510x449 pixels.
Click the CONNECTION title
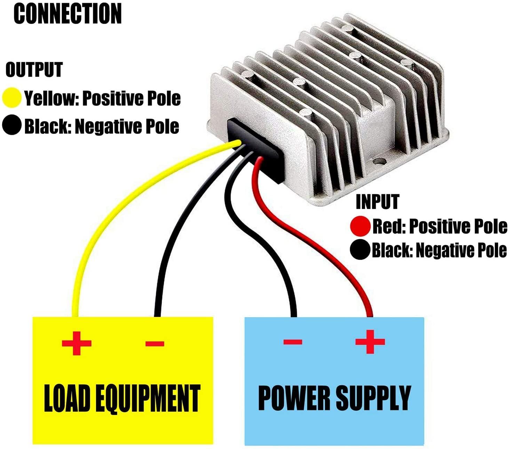pos(67,14)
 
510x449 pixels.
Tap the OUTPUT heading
pos(34,70)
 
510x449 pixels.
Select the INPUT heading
pos(377,202)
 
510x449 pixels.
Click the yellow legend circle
pos(12,98)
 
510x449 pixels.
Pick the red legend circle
pos(360,226)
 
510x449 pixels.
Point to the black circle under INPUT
pos(360,250)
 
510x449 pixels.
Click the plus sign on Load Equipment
pos(77,343)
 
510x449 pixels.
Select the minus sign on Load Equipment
pos(155,344)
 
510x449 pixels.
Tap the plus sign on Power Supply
pos(370,341)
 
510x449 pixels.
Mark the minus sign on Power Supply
pos(293,342)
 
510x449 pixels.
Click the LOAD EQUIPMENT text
pos(122,398)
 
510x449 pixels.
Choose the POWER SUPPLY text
pos(334,398)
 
